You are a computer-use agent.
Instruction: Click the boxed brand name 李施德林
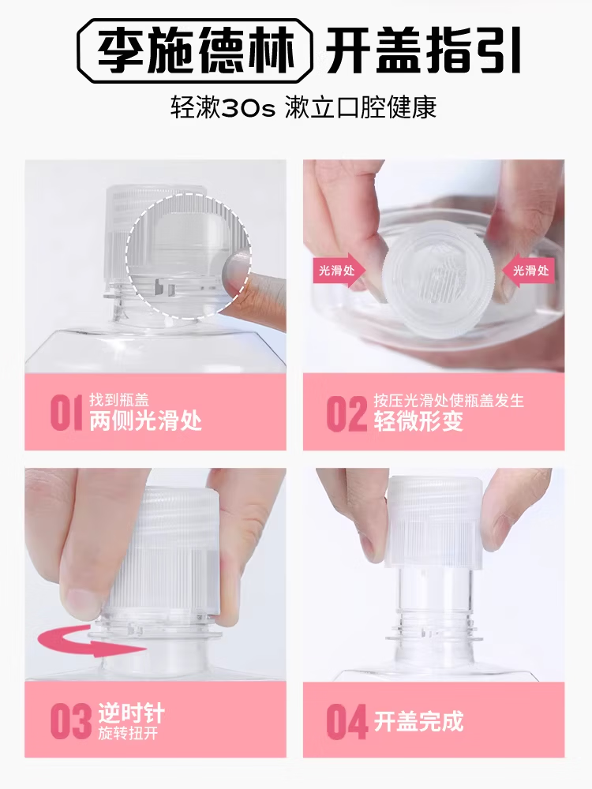(196, 50)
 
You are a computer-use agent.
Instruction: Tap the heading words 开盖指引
(423, 50)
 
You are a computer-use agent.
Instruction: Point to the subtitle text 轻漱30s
(223, 107)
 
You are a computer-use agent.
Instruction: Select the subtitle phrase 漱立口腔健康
(361, 107)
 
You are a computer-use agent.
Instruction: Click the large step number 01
(66, 413)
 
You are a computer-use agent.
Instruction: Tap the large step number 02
(347, 413)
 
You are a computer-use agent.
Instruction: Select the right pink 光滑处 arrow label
(528, 271)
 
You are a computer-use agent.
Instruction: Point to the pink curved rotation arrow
(92, 642)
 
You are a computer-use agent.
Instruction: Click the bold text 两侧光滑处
(145, 421)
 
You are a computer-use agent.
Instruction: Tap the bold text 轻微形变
(418, 421)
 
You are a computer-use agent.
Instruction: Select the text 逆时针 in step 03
(131, 714)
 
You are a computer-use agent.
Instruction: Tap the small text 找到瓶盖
(119, 400)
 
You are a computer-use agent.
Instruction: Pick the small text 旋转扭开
(128, 734)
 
